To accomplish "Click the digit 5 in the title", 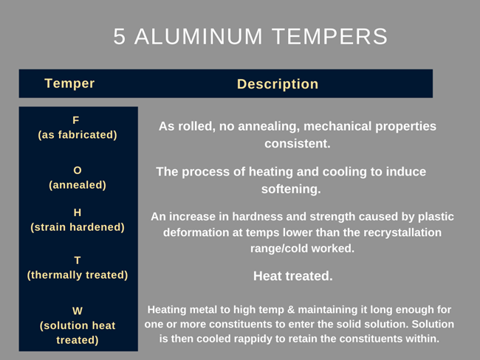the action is pos(120,36).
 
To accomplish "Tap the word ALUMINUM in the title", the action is pos(199,36).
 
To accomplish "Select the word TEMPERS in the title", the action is pos(330,36).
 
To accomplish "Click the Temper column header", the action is pos(69,83).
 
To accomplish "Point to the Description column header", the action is pos(278,84).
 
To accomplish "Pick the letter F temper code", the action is pos(76,120).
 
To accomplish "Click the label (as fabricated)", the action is pos(78,135).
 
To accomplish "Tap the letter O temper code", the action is pos(78,170).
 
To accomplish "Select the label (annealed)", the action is pos(78,185).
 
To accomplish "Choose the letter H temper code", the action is pos(78,212).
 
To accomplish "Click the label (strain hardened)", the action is pos(78,227).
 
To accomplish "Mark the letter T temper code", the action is pos(78,260).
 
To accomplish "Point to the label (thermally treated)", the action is pos(78,275).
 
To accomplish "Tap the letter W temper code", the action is pos(78,311).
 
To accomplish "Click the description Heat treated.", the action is pos(293,276).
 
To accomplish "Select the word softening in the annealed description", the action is pos(291,189).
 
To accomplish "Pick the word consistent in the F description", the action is pos(298,143).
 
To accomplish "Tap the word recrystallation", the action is pos(402,233).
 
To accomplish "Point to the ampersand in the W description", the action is pos(291,310).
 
